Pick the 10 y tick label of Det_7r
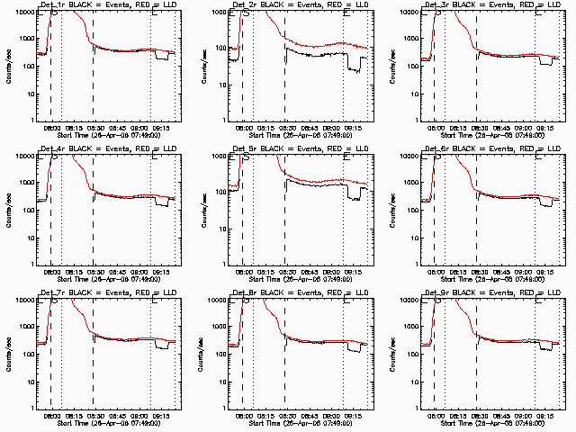tap(30, 382)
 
